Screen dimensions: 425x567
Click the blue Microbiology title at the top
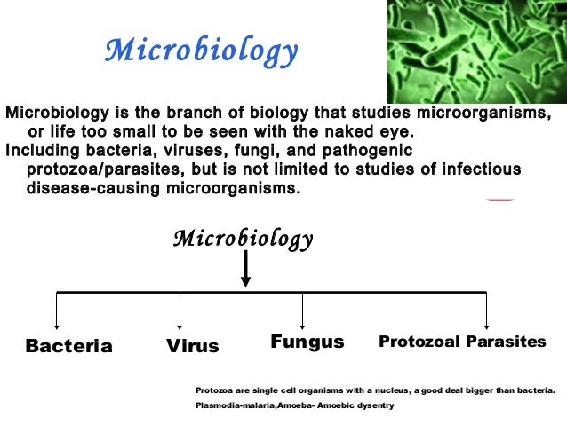[201, 51]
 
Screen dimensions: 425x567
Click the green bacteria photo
[476, 51]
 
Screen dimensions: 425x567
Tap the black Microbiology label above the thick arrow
[243, 239]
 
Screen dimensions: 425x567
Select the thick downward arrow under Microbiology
[245, 269]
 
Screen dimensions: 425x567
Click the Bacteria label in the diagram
[69, 346]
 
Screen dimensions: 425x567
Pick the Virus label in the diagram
[192, 346]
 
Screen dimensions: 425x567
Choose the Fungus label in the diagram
[307, 342]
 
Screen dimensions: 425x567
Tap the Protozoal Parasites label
[462, 342]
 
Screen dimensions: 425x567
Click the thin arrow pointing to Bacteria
[57, 311]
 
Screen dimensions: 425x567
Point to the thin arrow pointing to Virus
[180, 311]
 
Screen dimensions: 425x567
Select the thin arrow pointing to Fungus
[303, 311]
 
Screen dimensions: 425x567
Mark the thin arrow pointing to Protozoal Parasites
[486, 311]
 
